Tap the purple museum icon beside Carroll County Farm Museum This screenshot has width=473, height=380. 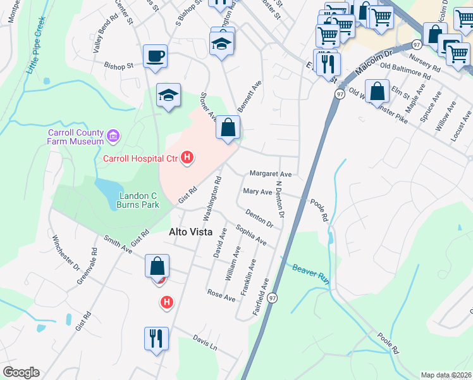114,135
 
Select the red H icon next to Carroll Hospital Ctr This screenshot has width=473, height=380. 187,157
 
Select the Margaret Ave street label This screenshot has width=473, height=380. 270,174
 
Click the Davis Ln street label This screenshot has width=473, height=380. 205,343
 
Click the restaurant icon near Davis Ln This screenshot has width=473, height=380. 156,338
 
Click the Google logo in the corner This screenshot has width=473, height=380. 21,372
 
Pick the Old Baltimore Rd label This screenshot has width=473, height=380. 405,72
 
